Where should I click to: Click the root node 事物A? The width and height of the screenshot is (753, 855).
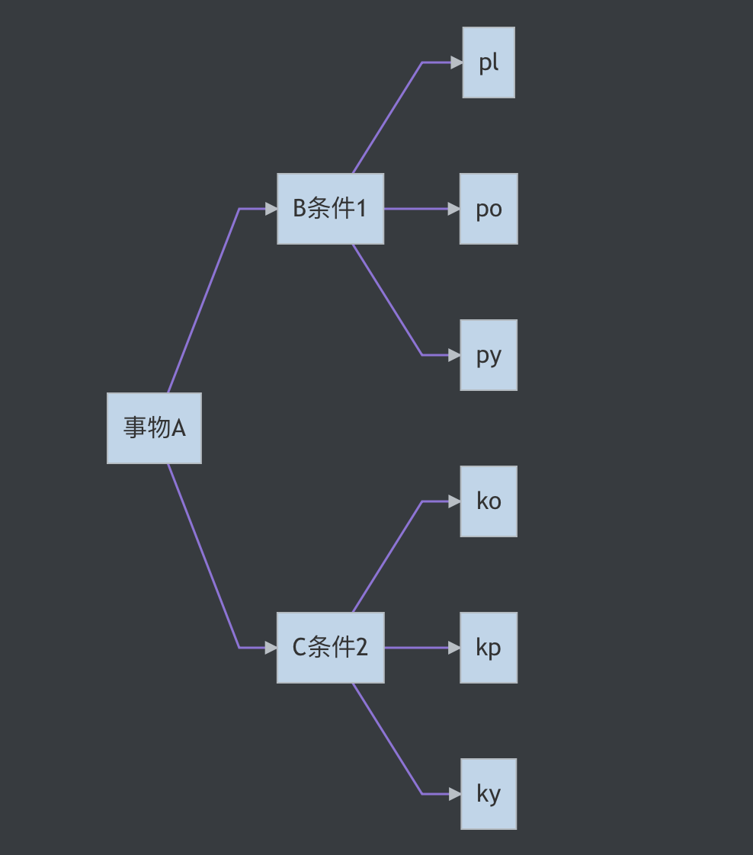click(x=154, y=428)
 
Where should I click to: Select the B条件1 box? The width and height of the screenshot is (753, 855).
click(x=330, y=209)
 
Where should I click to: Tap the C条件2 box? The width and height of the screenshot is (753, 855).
click(x=330, y=648)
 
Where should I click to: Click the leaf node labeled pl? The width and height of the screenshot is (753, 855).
click(x=489, y=62)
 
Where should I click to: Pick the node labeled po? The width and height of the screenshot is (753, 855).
click(x=489, y=209)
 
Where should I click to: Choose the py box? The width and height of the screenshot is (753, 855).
click(x=489, y=355)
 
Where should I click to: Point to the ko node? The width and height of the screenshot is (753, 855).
click(x=489, y=501)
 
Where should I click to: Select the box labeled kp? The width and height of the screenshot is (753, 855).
click(x=489, y=648)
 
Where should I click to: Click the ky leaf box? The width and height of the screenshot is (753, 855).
click(x=489, y=794)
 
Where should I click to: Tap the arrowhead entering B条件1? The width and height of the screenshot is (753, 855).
click(x=271, y=209)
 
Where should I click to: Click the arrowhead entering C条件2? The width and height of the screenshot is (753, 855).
click(x=271, y=648)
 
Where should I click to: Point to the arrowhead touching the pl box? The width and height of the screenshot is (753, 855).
click(x=456, y=62)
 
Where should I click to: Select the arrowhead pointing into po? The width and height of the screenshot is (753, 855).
click(x=453, y=209)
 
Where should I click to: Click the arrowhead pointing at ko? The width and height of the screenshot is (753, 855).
click(x=454, y=501)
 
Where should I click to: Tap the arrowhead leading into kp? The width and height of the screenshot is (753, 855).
click(x=454, y=648)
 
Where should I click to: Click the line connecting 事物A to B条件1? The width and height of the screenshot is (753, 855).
click(x=203, y=301)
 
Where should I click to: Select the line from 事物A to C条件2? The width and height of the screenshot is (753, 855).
click(x=203, y=556)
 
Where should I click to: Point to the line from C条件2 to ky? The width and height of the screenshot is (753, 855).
click(x=387, y=739)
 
